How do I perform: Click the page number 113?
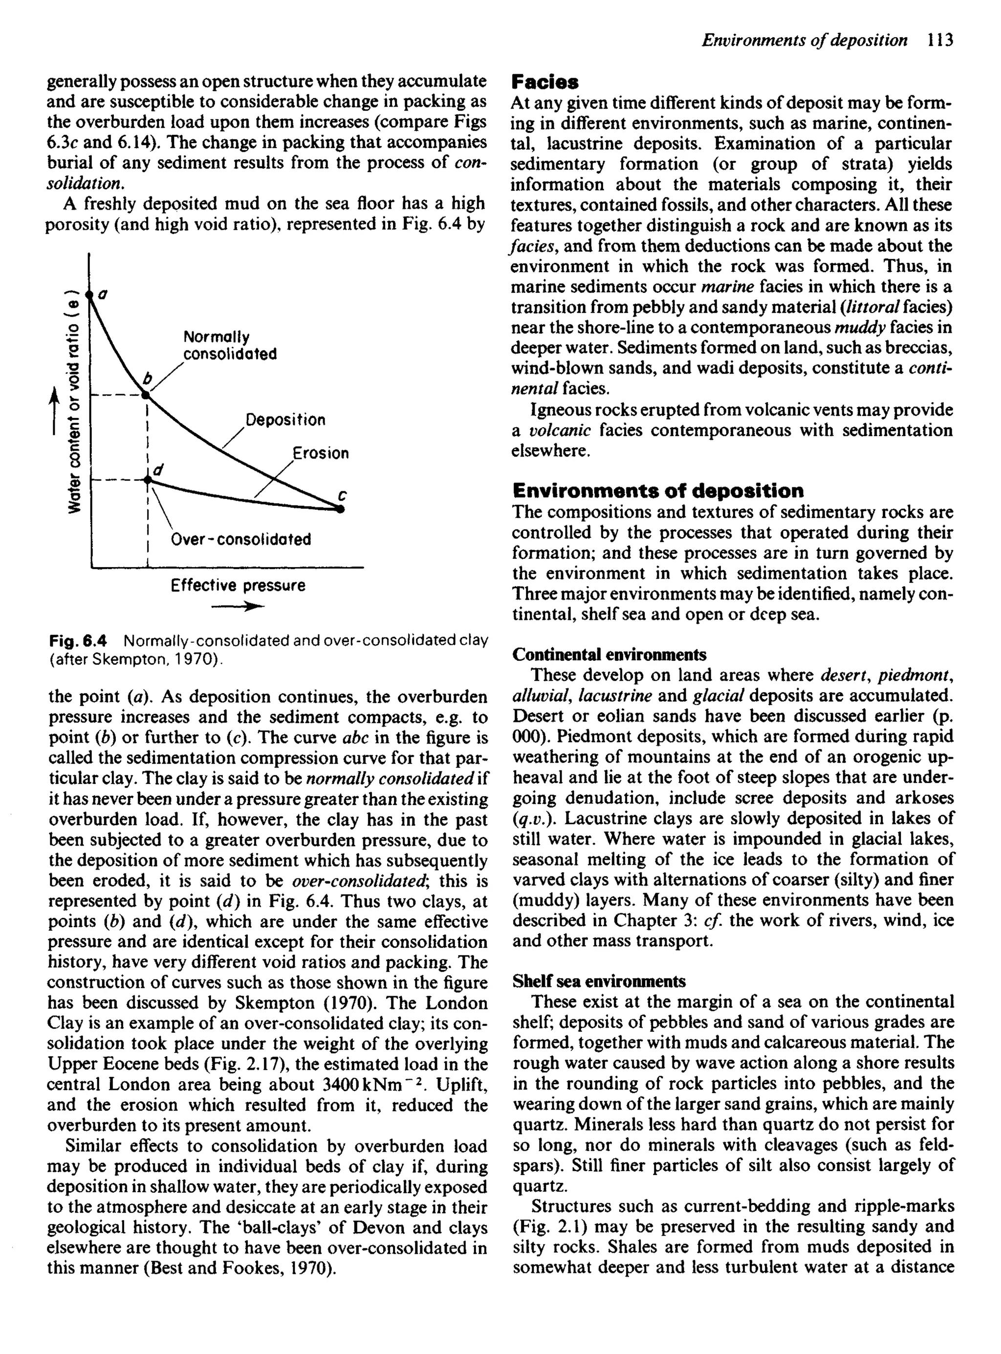[x=940, y=41]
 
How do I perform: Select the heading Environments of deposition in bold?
[x=658, y=490]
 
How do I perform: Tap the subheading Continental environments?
[x=609, y=655]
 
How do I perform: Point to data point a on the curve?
[x=89, y=294]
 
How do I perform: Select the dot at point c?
[x=341, y=509]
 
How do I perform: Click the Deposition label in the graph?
[x=285, y=420]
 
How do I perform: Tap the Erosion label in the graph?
[x=321, y=453]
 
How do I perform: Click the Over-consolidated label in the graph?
[x=240, y=539]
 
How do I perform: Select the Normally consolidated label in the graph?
[x=230, y=345]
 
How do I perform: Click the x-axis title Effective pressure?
[x=238, y=585]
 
